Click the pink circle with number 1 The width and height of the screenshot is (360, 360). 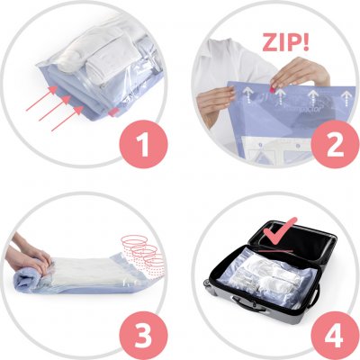pos(144,143)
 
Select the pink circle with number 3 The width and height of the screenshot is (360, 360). pos(144,335)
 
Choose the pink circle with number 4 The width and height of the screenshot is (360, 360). pos(335,335)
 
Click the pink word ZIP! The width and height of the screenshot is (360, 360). pos(285,41)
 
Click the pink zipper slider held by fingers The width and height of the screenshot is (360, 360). pos(274,89)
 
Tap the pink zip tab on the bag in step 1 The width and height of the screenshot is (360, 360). pos(113,112)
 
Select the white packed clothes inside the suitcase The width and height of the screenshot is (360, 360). pos(268,276)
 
